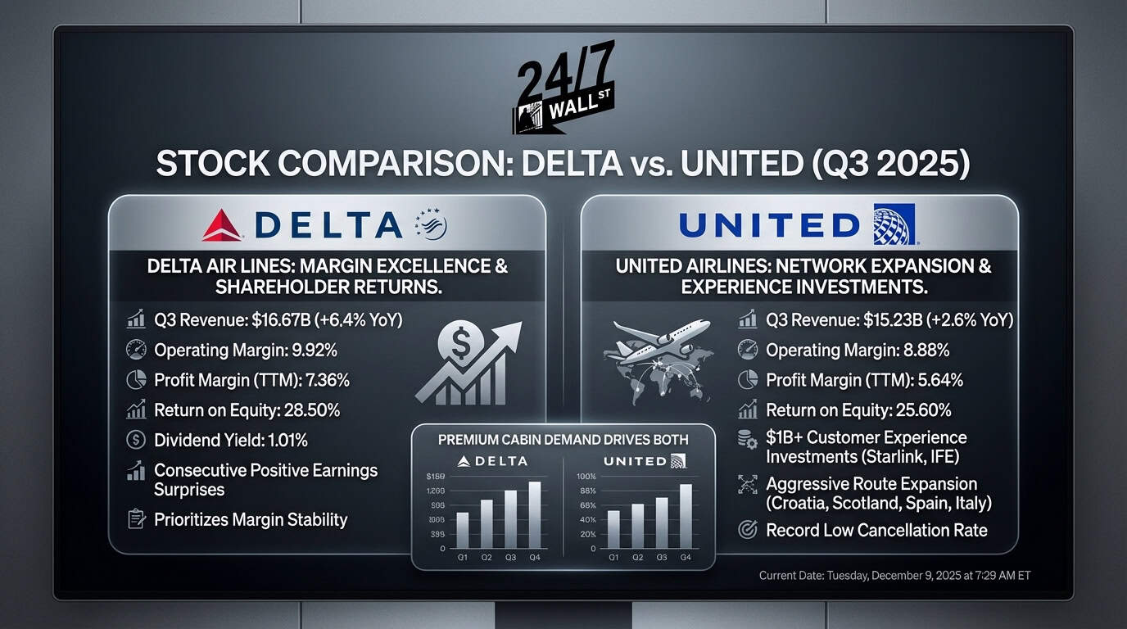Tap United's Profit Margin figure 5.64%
(x=933, y=380)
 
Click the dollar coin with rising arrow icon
(x=468, y=363)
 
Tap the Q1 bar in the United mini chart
(x=613, y=529)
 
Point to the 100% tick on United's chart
(x=586, y=477)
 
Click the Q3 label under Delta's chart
(x=510, y=558)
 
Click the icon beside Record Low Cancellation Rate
(x=747, y=530)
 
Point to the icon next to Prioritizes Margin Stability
(x=136, y=519)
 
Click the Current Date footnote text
(x=894, y=576)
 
